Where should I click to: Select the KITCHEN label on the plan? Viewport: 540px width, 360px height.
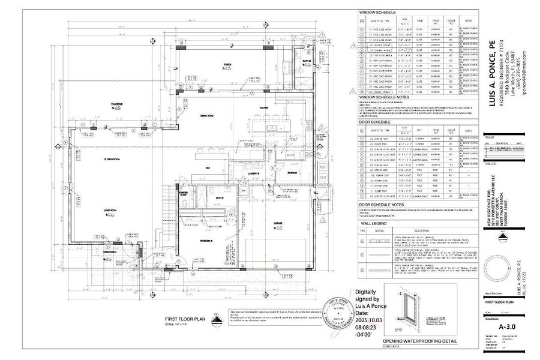[x=263, y=107]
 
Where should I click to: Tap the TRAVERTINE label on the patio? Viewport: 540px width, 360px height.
[x=116, y=104]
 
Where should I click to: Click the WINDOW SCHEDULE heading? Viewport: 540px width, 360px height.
[x=377, y=12]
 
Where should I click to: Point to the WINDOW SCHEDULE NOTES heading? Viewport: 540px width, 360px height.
[x=384, y=96]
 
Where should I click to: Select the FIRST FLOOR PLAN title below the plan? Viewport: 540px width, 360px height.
[x=185, y=319]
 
